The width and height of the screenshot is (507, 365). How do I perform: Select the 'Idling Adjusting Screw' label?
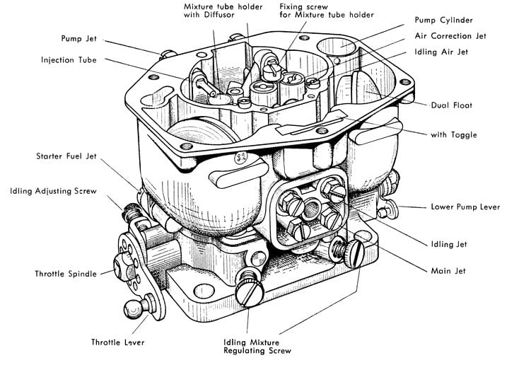point(54,191)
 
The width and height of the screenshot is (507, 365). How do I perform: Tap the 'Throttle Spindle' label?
point(66,273)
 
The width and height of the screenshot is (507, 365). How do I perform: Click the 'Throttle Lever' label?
point(118,342)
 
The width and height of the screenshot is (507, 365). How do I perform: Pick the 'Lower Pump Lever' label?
point(465,208)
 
